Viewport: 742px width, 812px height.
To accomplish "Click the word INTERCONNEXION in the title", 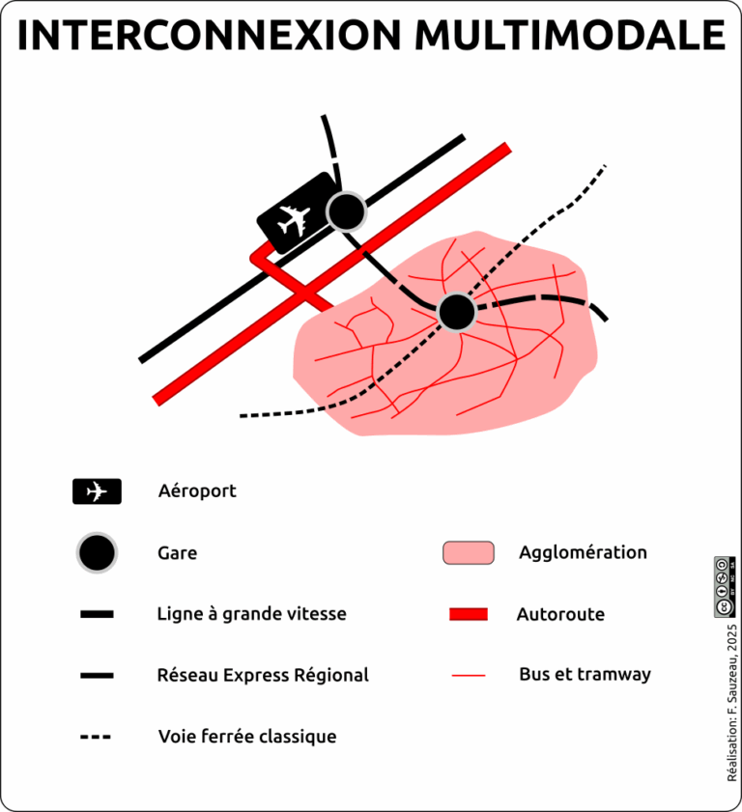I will pos(210,36).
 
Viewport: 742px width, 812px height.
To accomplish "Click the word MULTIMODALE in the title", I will pos(571,36).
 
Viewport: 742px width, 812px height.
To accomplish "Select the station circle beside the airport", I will pos(345,210).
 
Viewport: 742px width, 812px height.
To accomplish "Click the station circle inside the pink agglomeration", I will pos(457,312).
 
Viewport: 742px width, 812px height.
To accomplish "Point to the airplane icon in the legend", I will pos(97,491).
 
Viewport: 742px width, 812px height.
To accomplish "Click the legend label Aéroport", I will pos(197,491).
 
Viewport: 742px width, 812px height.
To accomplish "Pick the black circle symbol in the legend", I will pos(97,553).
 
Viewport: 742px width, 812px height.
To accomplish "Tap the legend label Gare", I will pos(178,553).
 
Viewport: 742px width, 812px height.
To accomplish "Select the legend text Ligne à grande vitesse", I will pos(251,614).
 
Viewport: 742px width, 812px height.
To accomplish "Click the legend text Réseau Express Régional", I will pos(263,676).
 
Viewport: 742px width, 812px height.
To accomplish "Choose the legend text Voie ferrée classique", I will pos(247,737).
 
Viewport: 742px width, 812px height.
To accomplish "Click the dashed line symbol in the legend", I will pos(96,738).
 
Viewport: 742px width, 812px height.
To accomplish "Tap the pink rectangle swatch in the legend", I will pos(469,552).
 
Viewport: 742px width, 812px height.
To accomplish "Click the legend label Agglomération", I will pos(583,552).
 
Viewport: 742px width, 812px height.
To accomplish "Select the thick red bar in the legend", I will pos(469,614).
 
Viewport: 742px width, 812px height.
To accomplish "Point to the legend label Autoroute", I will pos(560,614).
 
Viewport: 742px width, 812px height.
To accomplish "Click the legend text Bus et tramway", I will pos(585,675).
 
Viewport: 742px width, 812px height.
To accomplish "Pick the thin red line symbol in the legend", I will pos(469,676).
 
